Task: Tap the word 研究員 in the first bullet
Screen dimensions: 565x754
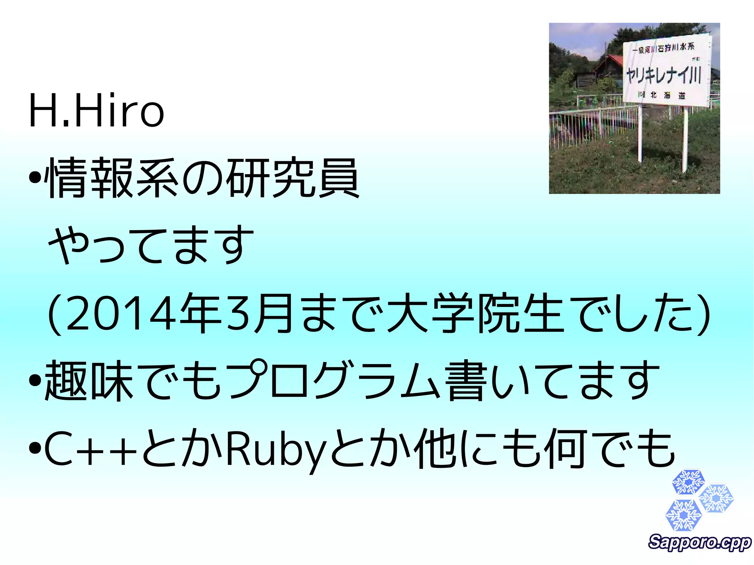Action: point(293,178)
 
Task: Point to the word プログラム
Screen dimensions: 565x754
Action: point(335,381)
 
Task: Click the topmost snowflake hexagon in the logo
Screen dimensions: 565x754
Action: point(688,482)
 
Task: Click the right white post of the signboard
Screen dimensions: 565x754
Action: point(685,140)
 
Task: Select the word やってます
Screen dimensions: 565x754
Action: point(151,245)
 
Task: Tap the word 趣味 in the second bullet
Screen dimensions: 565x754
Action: point(88,381)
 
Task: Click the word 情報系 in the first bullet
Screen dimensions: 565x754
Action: point(112,178)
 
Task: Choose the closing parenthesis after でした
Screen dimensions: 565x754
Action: point(704,314)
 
